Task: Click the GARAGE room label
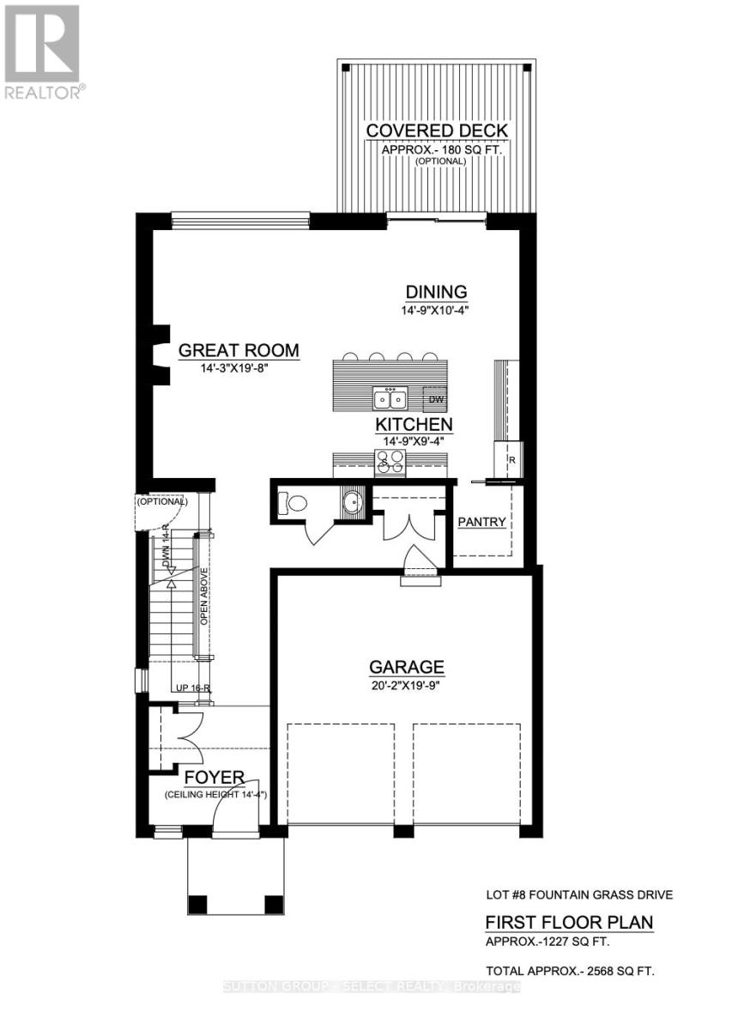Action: [407, 666]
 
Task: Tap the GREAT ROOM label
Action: [239, 350]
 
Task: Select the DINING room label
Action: [437, 292]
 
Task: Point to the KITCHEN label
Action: [414, 424]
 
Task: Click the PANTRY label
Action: [481, 522]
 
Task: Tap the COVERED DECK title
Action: [437, 130]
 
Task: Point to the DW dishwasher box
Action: [435, 398]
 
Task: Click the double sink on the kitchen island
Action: [390, 398]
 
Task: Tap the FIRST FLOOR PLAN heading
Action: [569, 923]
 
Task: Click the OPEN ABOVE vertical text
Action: [204, 597]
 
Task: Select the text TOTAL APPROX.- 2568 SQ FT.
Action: [571, 972]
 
